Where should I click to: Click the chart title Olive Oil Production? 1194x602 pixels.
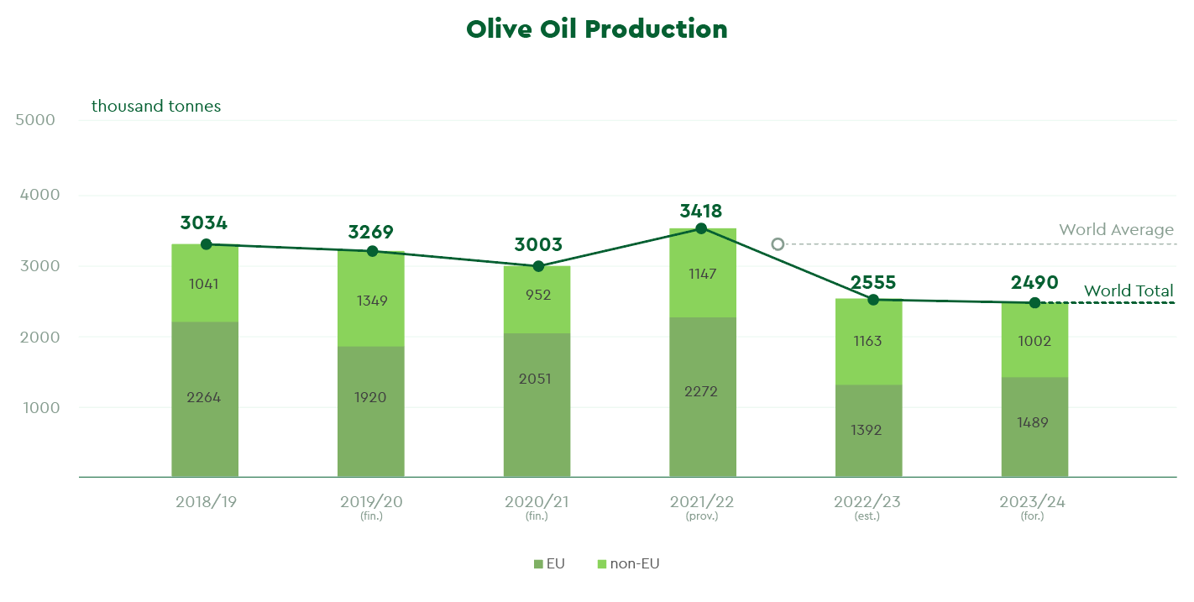pos(596,29)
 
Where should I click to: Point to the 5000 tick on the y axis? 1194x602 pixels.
pos(35,119)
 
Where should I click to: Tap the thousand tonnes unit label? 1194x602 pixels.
pos(156,106)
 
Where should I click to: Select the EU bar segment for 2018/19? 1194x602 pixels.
pos(205,399)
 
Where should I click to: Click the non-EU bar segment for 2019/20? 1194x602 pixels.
pos(371,299)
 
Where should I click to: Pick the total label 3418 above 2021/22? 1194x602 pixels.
pos(701,211)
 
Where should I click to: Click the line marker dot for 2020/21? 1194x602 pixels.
pos(538,266)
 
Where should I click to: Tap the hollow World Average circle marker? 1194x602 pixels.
pos(778,244)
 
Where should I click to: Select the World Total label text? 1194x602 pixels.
pos(1129,291)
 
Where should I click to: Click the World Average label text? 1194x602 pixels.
pos(1116,230)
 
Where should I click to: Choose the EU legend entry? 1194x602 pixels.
pos(549,563)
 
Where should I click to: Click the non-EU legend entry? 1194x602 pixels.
pos(628,563)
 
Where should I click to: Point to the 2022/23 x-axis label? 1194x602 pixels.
pos(867,502)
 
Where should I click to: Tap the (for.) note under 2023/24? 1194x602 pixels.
pos(1033,516)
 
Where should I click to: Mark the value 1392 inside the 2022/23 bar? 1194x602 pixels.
pos(867,430)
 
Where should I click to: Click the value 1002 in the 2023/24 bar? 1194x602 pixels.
pos(1034,341)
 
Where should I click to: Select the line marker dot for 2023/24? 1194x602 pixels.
pos(1034,303)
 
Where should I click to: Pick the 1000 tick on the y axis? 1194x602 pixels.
pos(41,408)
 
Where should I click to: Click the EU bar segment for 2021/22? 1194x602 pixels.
pos(703,396)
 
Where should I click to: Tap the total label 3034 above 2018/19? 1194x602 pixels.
pos(204,222)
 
